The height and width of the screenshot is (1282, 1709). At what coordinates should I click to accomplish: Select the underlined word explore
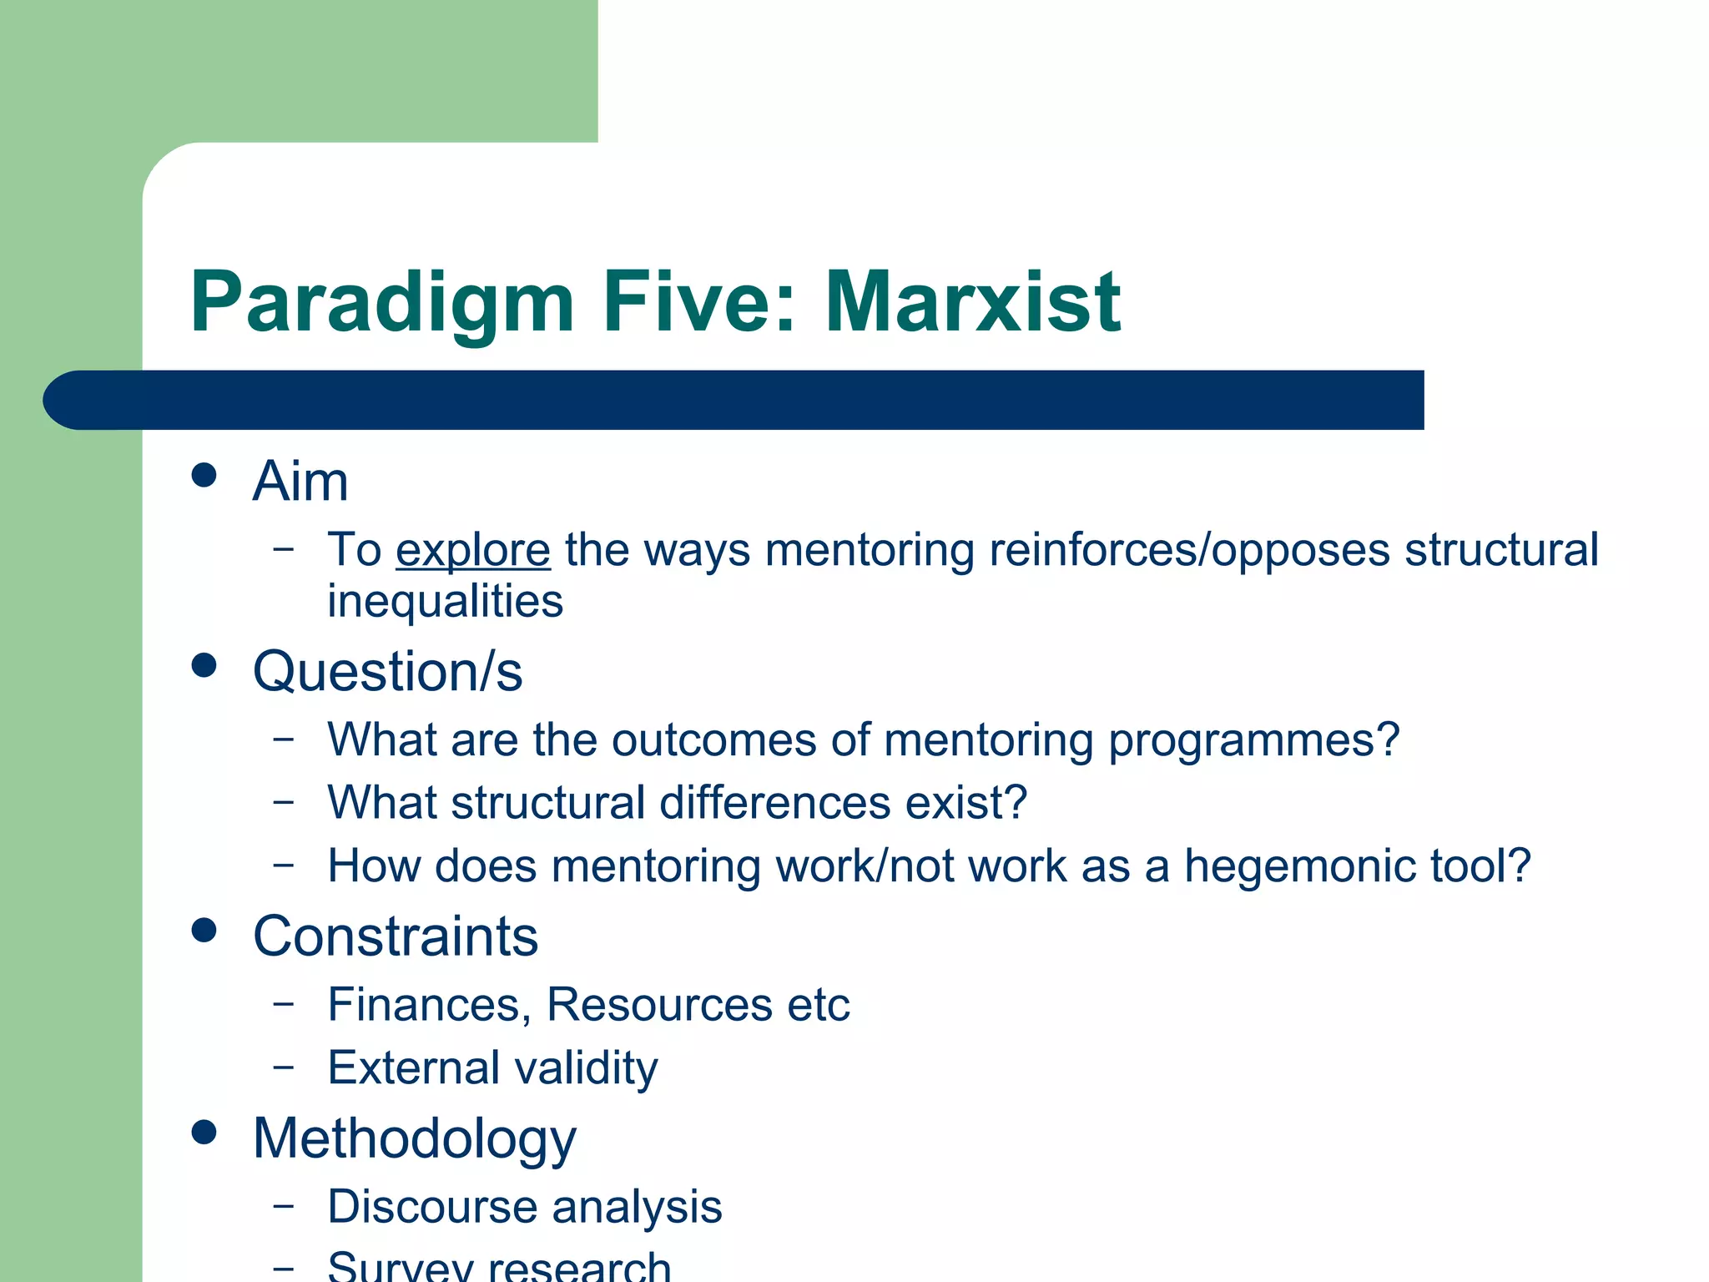tap(472, 551)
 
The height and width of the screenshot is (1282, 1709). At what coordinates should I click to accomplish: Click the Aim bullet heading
tap(300, 482)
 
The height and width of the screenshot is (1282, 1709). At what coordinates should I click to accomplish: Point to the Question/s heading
tap(387, 672)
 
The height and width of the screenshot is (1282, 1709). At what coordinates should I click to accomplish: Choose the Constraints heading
tap(396, 936)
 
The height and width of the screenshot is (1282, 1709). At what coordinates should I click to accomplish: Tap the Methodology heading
tap(414, 1139)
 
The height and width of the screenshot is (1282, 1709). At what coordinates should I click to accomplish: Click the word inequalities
tap(445, 601)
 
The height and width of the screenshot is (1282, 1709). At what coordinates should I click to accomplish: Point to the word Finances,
tap(429, 1005)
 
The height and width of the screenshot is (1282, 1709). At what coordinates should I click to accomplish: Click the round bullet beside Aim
tap(204, 476)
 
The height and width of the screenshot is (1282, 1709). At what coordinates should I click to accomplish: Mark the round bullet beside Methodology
tap(204, 1133)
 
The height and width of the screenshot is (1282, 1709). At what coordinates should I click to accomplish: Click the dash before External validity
tap(284, 1066)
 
